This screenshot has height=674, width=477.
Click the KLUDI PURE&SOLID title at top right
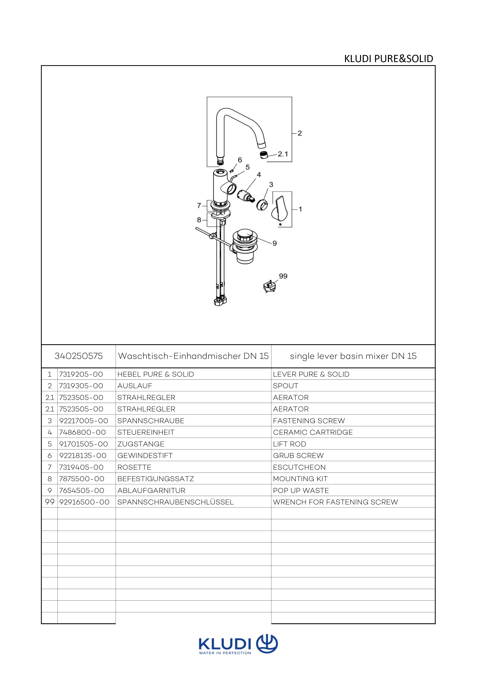388,59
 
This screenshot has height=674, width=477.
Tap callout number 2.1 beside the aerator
283,154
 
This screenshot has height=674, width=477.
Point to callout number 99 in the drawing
283,276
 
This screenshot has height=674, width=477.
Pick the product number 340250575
78,356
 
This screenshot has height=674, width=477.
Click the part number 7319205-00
81,374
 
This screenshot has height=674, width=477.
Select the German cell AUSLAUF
135,386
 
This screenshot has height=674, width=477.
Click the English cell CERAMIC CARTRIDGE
313,432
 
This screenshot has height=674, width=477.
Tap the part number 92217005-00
84,421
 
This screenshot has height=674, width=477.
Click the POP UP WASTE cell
301,490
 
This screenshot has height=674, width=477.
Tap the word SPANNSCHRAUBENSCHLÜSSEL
175,502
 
